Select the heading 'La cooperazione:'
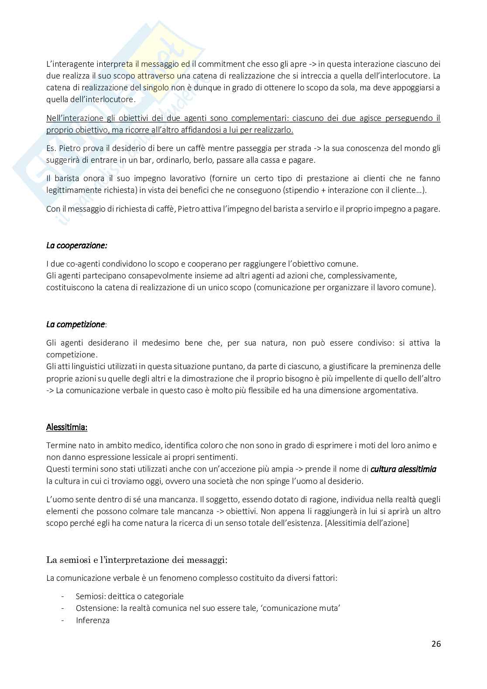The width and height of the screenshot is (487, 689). point(77,245)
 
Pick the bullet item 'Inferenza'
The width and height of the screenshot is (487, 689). point(93,620)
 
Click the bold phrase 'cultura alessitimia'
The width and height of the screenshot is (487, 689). point(403,469)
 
